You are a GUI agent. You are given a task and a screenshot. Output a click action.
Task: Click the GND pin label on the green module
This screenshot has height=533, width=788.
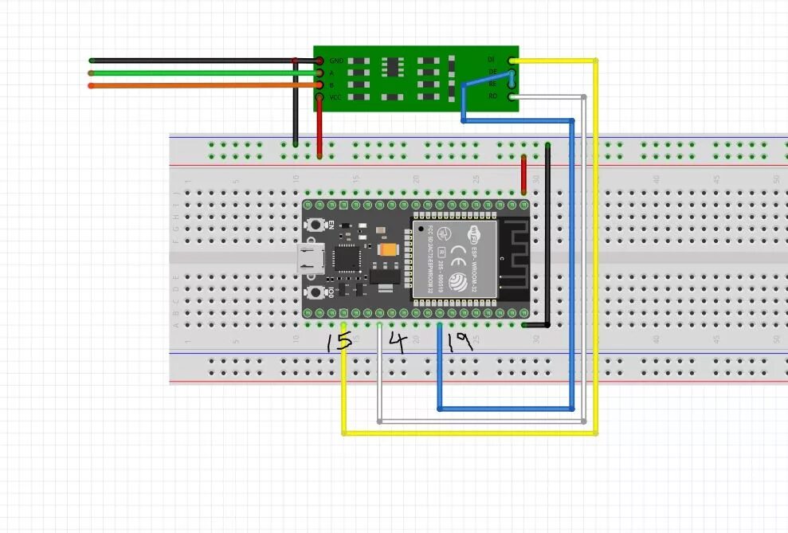(335, 61)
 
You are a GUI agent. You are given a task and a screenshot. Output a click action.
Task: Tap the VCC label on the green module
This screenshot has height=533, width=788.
(335, 97)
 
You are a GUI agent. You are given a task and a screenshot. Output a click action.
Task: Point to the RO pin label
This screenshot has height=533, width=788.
(492, 96)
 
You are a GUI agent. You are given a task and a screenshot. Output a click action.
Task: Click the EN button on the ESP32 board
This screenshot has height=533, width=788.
(319, 223)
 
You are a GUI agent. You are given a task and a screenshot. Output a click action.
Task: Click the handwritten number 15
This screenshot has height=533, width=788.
(339, 343)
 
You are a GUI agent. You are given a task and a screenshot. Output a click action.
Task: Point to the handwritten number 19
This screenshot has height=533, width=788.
(460, 343)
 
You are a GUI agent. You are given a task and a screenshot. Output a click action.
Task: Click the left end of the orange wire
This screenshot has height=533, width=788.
(92, 85)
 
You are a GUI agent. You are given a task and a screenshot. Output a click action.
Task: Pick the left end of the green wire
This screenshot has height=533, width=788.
(92, 73)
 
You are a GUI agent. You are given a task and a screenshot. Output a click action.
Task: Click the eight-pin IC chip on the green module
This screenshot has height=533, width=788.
(392, 78)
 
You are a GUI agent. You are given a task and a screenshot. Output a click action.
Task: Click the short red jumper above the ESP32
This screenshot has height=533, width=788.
(523, 174)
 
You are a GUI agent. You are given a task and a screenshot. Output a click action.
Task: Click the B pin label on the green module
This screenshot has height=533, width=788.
(331, 84)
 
